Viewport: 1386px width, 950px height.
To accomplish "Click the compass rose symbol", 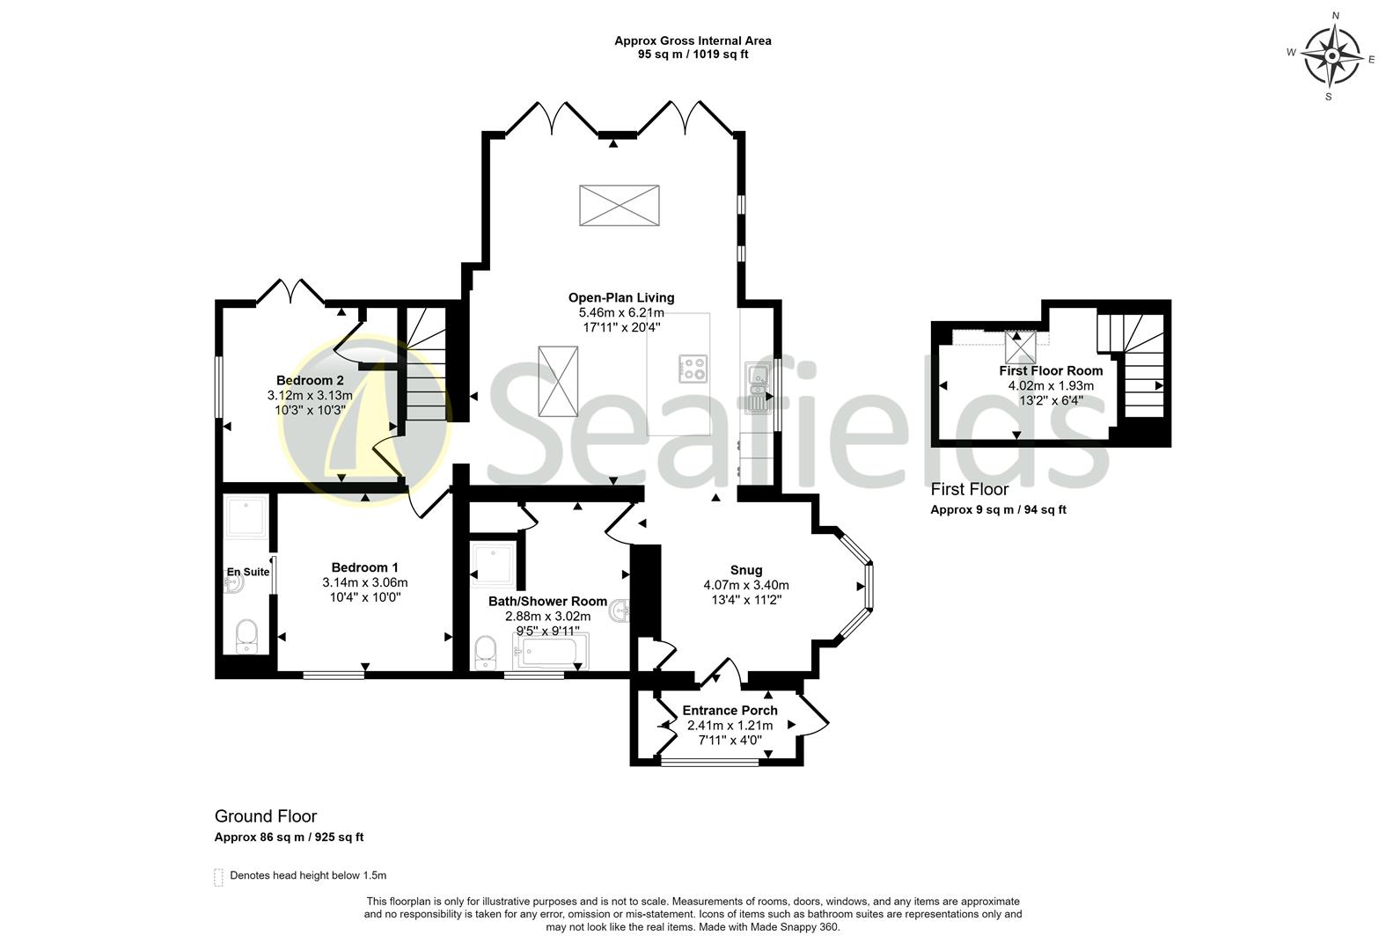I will pyautogui.click(x=1331, y=56).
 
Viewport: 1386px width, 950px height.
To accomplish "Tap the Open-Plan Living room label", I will pyautogui.click(x=621, y=297).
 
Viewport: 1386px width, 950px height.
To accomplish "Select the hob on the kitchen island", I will pyautogui.click(x=693, y=368).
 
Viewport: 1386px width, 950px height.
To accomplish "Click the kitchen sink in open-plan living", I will pyautogui.click(x=756, y=389).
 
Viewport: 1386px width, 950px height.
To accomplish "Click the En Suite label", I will pyautogui.click(x=248, y=572).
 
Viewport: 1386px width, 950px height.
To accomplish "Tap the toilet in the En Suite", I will pyautogui.click(x=246, y=635).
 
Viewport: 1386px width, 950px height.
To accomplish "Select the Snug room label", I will pyautogui.click(x=746, y=570).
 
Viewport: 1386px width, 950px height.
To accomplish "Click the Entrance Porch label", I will pyautogui.click(x=730, y=710).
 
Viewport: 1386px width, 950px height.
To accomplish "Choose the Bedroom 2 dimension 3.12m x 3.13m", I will pyautogui.click(x=310, y=396).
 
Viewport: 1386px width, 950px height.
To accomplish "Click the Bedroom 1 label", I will pyautogui.click(x=364, y=567).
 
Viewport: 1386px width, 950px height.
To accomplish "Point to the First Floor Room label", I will pyautogui.click(x=1051, y=370).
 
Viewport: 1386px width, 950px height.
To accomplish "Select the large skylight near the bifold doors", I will pyautogui.click(x=620, y=206).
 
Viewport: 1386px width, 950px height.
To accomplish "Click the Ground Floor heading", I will pyautogui.click(x=266, y=816).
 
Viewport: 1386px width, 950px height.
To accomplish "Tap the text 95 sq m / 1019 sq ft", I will pyautogui.click(x=693, y=55).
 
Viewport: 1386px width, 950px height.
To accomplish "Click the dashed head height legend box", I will pyautogui.click(x=218, y=877).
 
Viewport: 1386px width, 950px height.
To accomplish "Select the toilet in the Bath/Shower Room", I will pyautogui.click(x=485, y=653).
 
